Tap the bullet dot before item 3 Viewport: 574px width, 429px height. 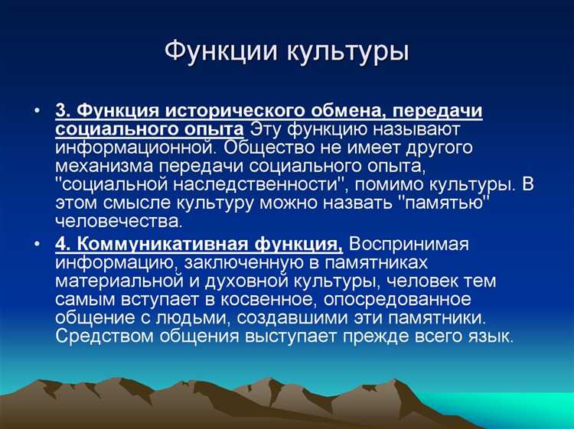(38, 111)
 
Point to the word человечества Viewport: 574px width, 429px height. (119, 222)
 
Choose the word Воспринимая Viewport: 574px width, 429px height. (419, 245)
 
